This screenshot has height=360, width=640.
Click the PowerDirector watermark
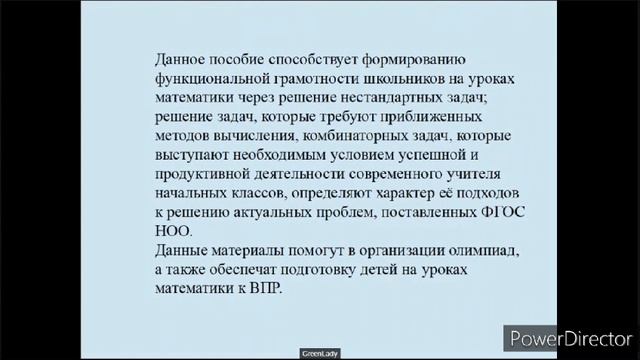click(x=572, y=338)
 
